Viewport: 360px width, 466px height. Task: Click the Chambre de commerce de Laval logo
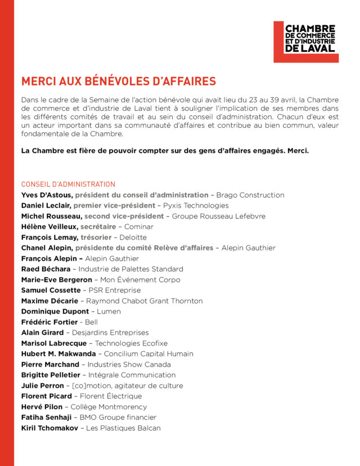pos(306,42)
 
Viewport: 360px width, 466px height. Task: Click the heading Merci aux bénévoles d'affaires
pos(118,81)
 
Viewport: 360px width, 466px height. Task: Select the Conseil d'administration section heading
pos(68,184)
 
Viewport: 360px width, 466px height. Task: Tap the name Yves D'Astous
pos(46,195)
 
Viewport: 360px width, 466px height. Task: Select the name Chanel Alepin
pos(47,248)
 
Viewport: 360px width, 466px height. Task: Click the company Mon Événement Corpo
pos(139,280)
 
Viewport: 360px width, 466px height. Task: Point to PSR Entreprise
pos(114,290)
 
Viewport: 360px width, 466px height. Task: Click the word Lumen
pos(109,311)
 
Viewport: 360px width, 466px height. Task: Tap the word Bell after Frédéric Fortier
pos(91,322)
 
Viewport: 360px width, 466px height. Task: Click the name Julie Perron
pos(42,386)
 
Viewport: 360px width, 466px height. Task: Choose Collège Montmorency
pos(109,407)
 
